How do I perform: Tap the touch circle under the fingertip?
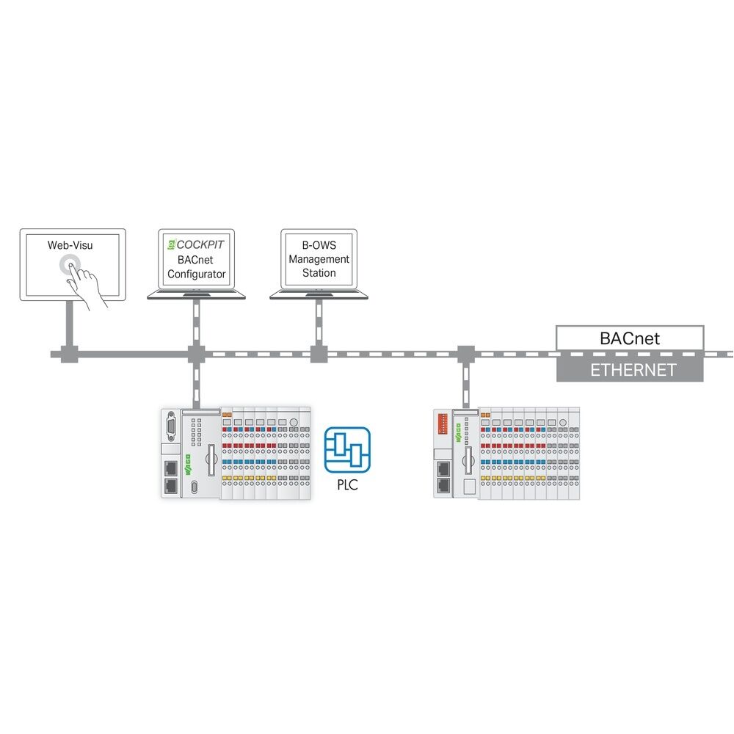[x=71, y=265]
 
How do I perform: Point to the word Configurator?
[x=197, y=274]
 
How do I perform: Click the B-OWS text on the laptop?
[x=319, y=245]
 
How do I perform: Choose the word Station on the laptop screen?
[x=319, y=273]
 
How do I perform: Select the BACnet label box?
[x=629, y=338]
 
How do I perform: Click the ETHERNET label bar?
[x=629, y=370]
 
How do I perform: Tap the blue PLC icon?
[x=348, y=450]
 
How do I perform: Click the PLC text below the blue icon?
[x=348, y=484]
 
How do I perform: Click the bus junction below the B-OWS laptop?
[x=319, y=354]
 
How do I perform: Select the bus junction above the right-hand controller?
[x=465, y=354]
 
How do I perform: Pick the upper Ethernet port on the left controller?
[x=170, y=468]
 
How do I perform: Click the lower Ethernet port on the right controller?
[x=444, y=484]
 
